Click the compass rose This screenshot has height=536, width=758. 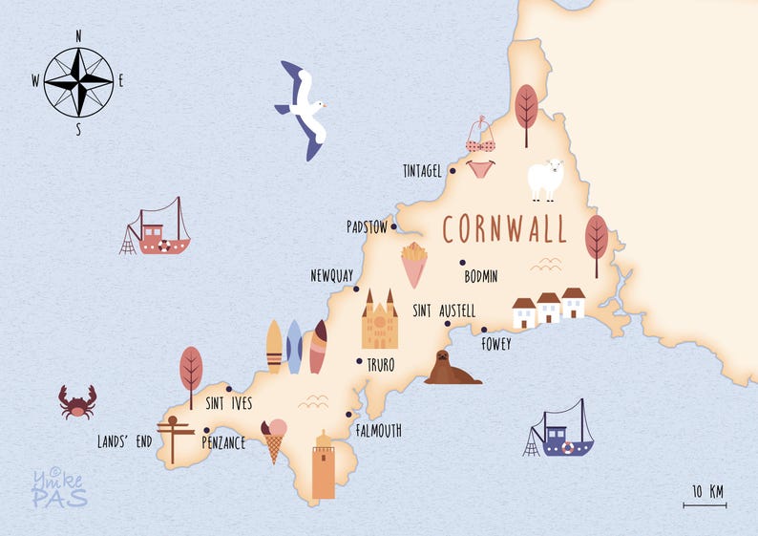tap(78, 81)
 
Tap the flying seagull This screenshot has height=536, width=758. tap(305, 110)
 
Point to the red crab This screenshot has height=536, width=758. tap(76, 401)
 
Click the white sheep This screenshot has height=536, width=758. tap(546, 179)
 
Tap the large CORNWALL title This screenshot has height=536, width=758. tap(504, 229)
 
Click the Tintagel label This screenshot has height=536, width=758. tap(422, 171)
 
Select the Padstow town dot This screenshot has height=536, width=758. tap(393, 227)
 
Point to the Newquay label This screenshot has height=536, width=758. tap(331, 275)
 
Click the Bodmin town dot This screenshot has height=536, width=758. tap(462, 263)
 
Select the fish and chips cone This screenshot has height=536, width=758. tap(413, 265)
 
